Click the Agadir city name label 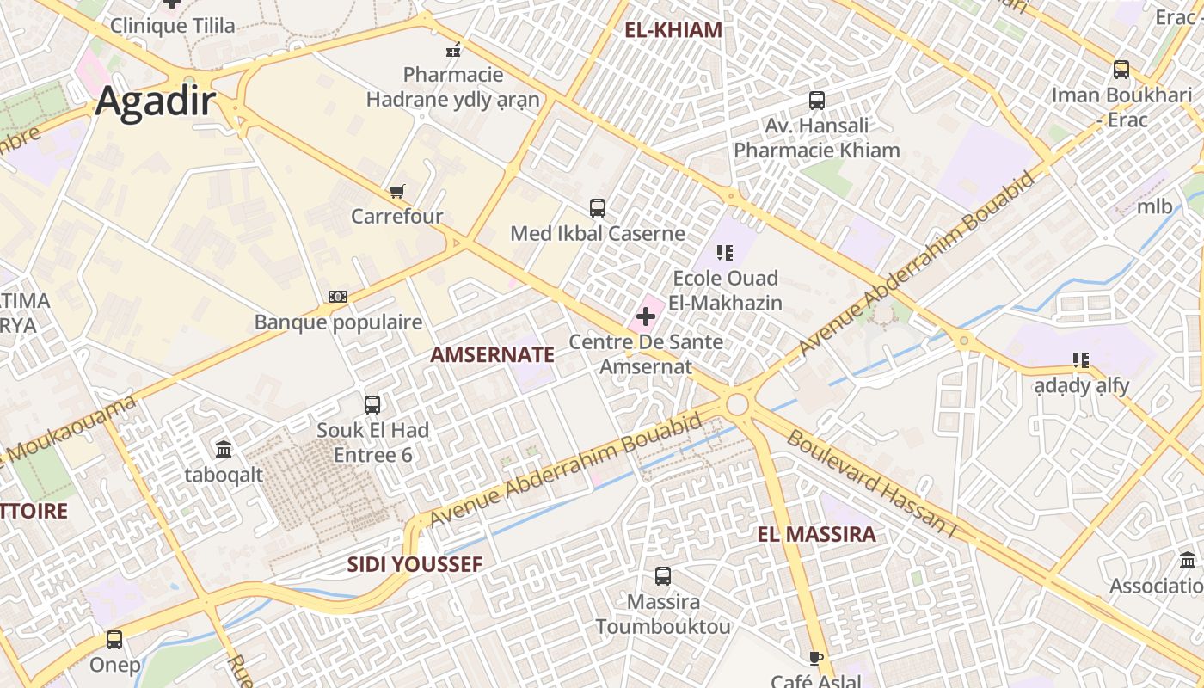[155, 101]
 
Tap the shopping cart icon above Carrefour [396, 191]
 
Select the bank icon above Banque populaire [338, 297]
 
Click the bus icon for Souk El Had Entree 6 [372, 404]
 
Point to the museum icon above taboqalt [224, 449]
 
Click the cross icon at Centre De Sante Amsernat [646, 316]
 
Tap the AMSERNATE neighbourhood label [492, 354]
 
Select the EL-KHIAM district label [673, 30]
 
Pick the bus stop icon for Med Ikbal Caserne [598, 207]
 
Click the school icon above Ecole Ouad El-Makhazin [725, 253]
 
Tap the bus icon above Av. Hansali [817, 101]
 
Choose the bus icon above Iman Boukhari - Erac [1121, 70]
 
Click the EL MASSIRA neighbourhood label [816, 534]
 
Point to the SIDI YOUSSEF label [415, 564]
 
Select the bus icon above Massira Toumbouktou [663, 576]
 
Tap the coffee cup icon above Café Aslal [816, 658]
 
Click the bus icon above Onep [114, 640]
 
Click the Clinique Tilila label [172, 26]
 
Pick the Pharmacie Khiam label [816, 150]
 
